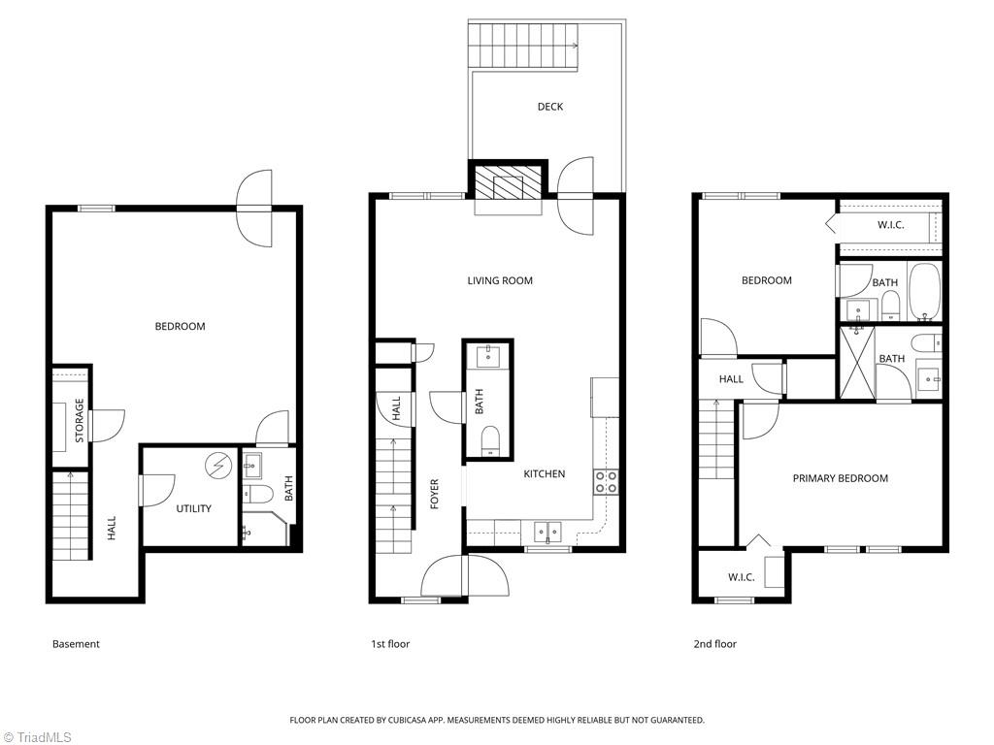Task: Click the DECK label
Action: click(550, 107)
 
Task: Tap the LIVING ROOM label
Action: click(500, 281)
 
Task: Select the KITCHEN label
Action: click(545, 474)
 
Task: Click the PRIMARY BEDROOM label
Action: click(840, 478)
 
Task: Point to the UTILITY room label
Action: click(193, 508)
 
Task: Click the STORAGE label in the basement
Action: click(80, 420)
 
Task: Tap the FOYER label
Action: click(435, 494)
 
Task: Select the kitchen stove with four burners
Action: click(606, 481)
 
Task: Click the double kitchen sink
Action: click(547, 531)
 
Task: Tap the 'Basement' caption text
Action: click(76, 644)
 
